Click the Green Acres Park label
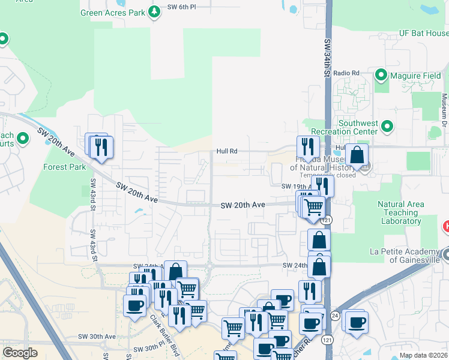click(x=114, y=11)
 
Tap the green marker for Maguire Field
click(x=381, y=76)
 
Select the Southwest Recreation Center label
click(x=358, y=127)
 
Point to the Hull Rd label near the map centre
click(x=228, y=151)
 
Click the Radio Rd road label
click(x=347, y=73)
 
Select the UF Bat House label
click(x=424, y=34)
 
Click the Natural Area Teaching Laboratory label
click(x=400, y=213)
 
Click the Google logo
click(x=20, y=352)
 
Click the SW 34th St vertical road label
click(x=328, y=59)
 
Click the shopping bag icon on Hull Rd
click(x=357, y=154)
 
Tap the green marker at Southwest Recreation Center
click(x=387, y=126)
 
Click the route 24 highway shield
click(x=334, y=316)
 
